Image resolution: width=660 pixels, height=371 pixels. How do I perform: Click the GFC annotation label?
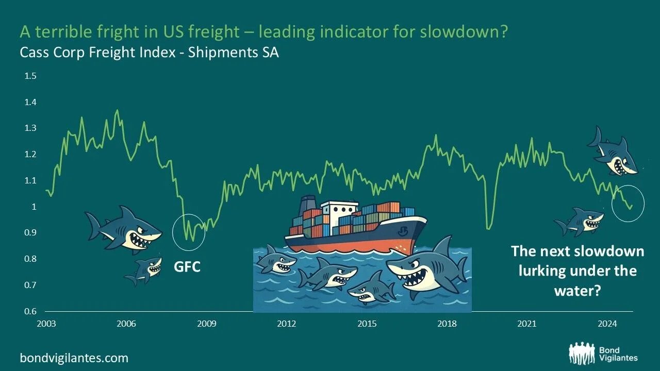[x=187, y=267]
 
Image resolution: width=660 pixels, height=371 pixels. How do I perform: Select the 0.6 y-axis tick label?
[x=30, y=311]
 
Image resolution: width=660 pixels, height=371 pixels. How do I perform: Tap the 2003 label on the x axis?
[x=46, y=324]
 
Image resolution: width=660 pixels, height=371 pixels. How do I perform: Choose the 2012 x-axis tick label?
[x=287, y=324]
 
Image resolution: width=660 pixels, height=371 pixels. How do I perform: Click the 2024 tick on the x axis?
[x=607, y=324]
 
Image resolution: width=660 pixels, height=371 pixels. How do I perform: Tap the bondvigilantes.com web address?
[x=74, y=358]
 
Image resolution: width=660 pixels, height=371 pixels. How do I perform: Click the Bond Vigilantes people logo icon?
[x=582, y=353]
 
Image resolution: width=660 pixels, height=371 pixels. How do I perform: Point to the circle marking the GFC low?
[x=189, y=232]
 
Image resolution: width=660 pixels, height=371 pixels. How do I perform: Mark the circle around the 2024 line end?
[x=628, y=204]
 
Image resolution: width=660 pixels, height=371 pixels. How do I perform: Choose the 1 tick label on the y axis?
[x=34, y=207]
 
